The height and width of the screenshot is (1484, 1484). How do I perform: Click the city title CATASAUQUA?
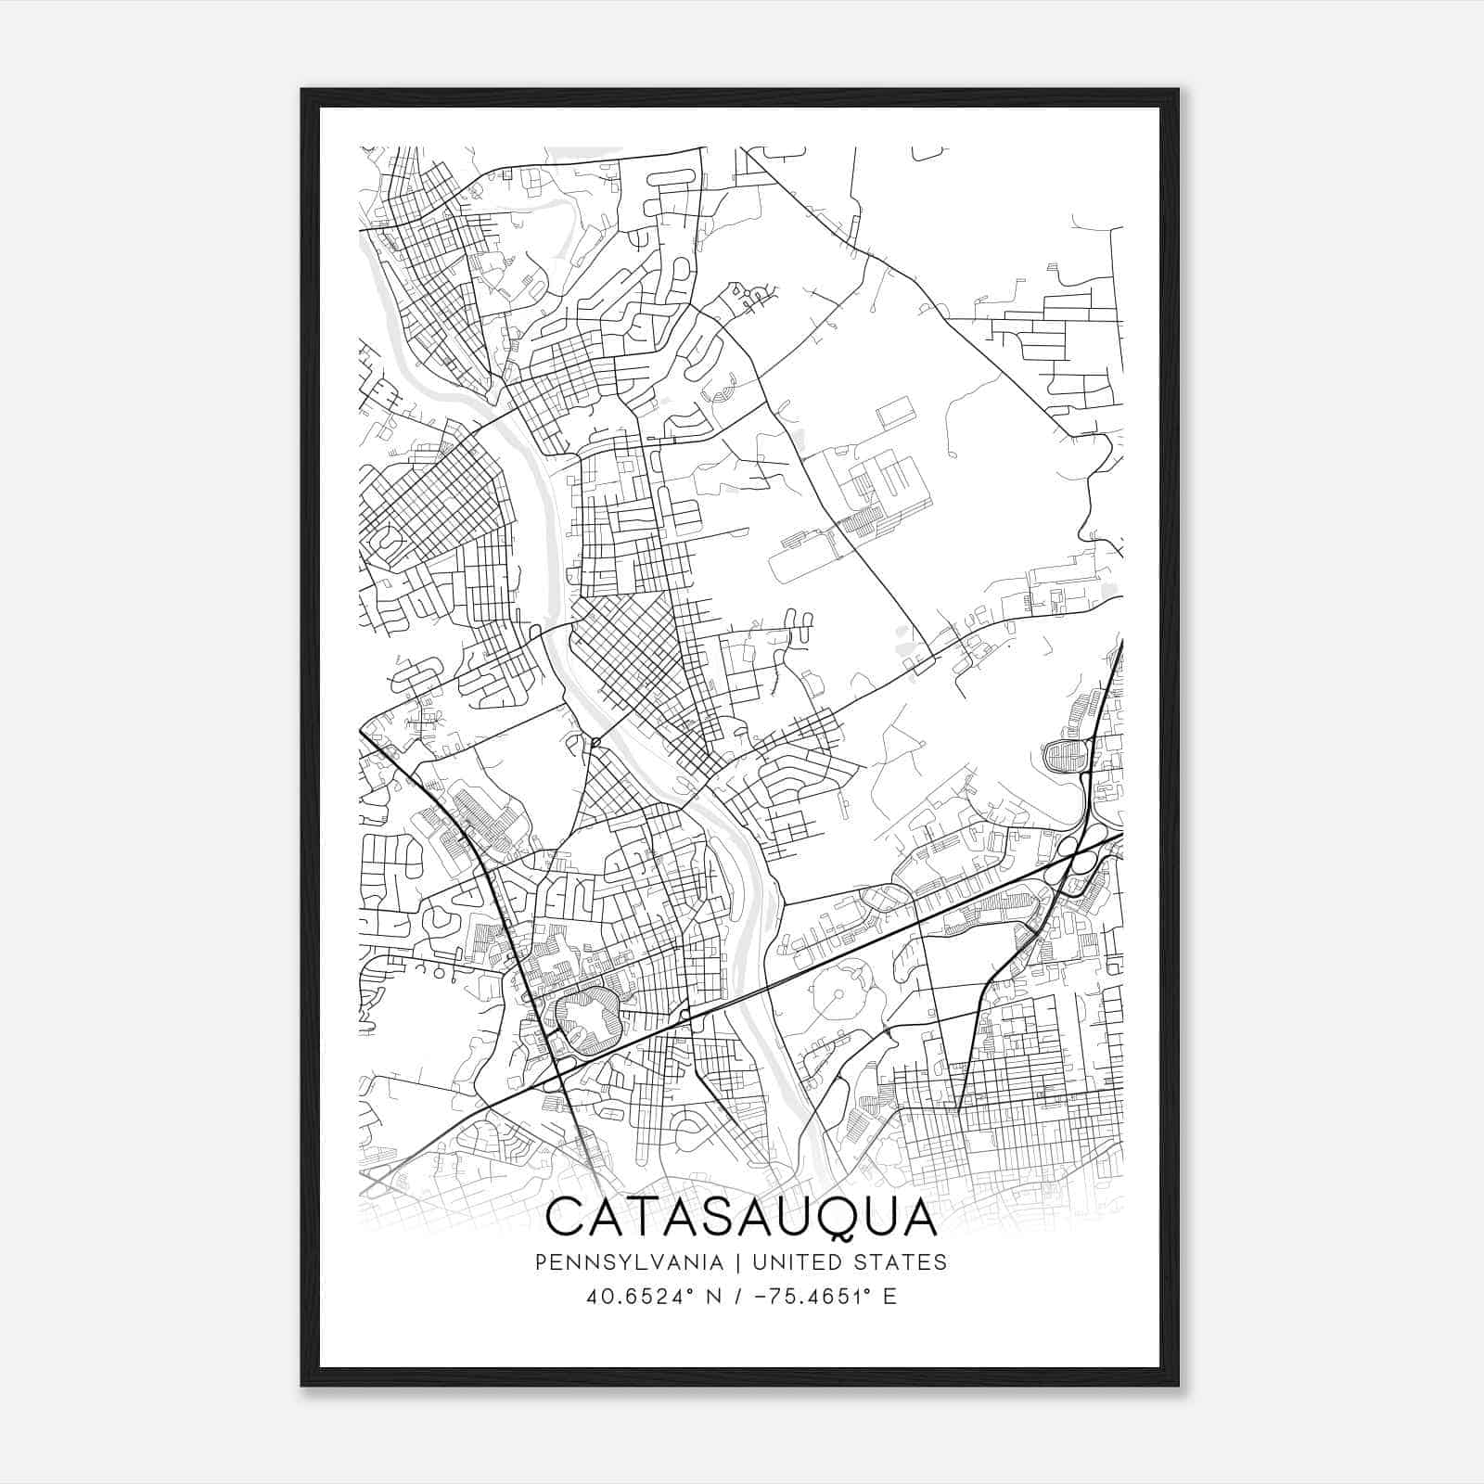click(x=741, y=1217)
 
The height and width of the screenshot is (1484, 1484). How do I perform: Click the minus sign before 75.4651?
click(x=763, y=1296)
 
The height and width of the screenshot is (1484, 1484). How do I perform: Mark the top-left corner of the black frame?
click(x=302, y=90)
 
